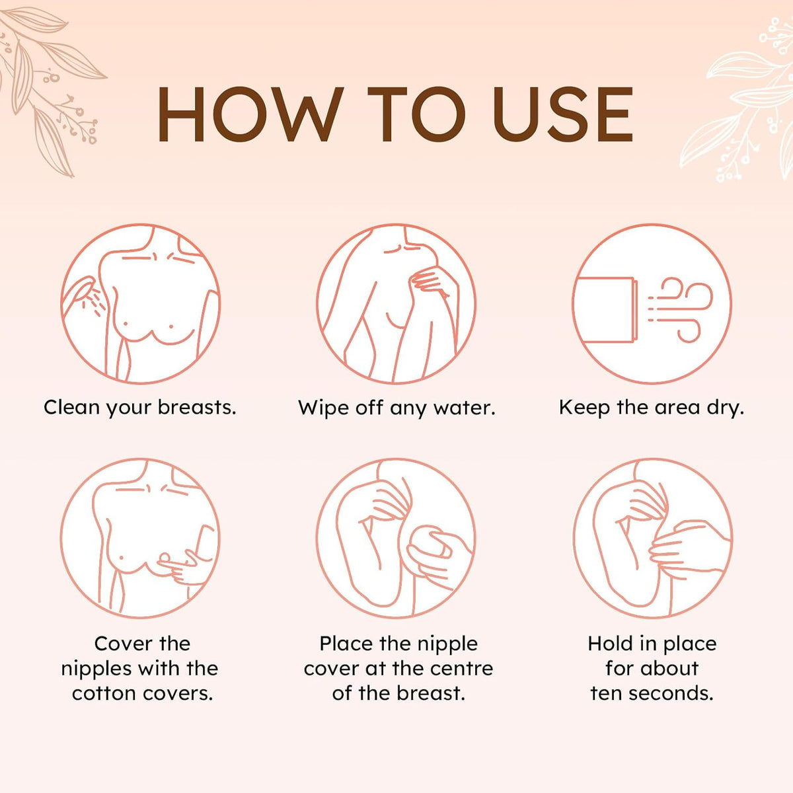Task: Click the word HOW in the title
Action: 250,114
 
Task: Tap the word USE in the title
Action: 563,114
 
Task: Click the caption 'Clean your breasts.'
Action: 140,408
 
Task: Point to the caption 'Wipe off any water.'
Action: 397,408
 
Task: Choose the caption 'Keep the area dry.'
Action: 652,408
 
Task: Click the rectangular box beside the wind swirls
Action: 605,309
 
